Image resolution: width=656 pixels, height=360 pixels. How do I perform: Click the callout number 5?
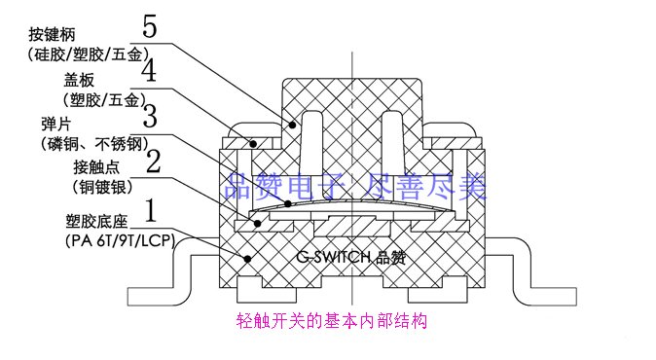click(x=150, y=27)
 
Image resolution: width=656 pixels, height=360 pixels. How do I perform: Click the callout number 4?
click(x=149, y=70)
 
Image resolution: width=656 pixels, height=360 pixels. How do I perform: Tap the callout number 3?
click(x=150, y=116)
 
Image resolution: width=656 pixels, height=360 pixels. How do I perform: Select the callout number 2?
click(x=153, y=161)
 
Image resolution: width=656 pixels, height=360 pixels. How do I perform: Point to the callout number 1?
click(x=151, y=210)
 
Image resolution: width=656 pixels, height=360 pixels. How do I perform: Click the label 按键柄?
click(x=52, y=34)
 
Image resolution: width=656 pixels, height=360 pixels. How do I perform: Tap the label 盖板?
click(x=79, y=80)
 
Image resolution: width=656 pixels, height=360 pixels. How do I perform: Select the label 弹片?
click(x=56, y=125)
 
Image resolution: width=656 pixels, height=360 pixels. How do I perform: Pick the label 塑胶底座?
click(x=96, y=221)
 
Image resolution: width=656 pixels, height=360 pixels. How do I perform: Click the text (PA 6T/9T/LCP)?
click(x=120, y=241)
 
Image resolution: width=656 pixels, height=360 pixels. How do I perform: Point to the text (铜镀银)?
click(x=102, y=187)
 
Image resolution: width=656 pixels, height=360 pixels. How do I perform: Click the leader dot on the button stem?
click(x=293, y=125)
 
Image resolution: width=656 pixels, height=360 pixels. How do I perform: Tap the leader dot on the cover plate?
click(x=253, y=145)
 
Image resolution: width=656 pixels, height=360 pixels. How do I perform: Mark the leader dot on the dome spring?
click(x=288, y=204)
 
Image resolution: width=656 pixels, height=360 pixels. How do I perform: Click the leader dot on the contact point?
click(x=258, y=224)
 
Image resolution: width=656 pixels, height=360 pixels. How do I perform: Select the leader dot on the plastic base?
click(x=247, y=259)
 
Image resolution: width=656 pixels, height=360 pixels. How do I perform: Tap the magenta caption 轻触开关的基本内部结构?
click(x=331, y=321)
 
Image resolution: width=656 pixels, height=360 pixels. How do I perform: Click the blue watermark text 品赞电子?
click(x=285, y=187)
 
